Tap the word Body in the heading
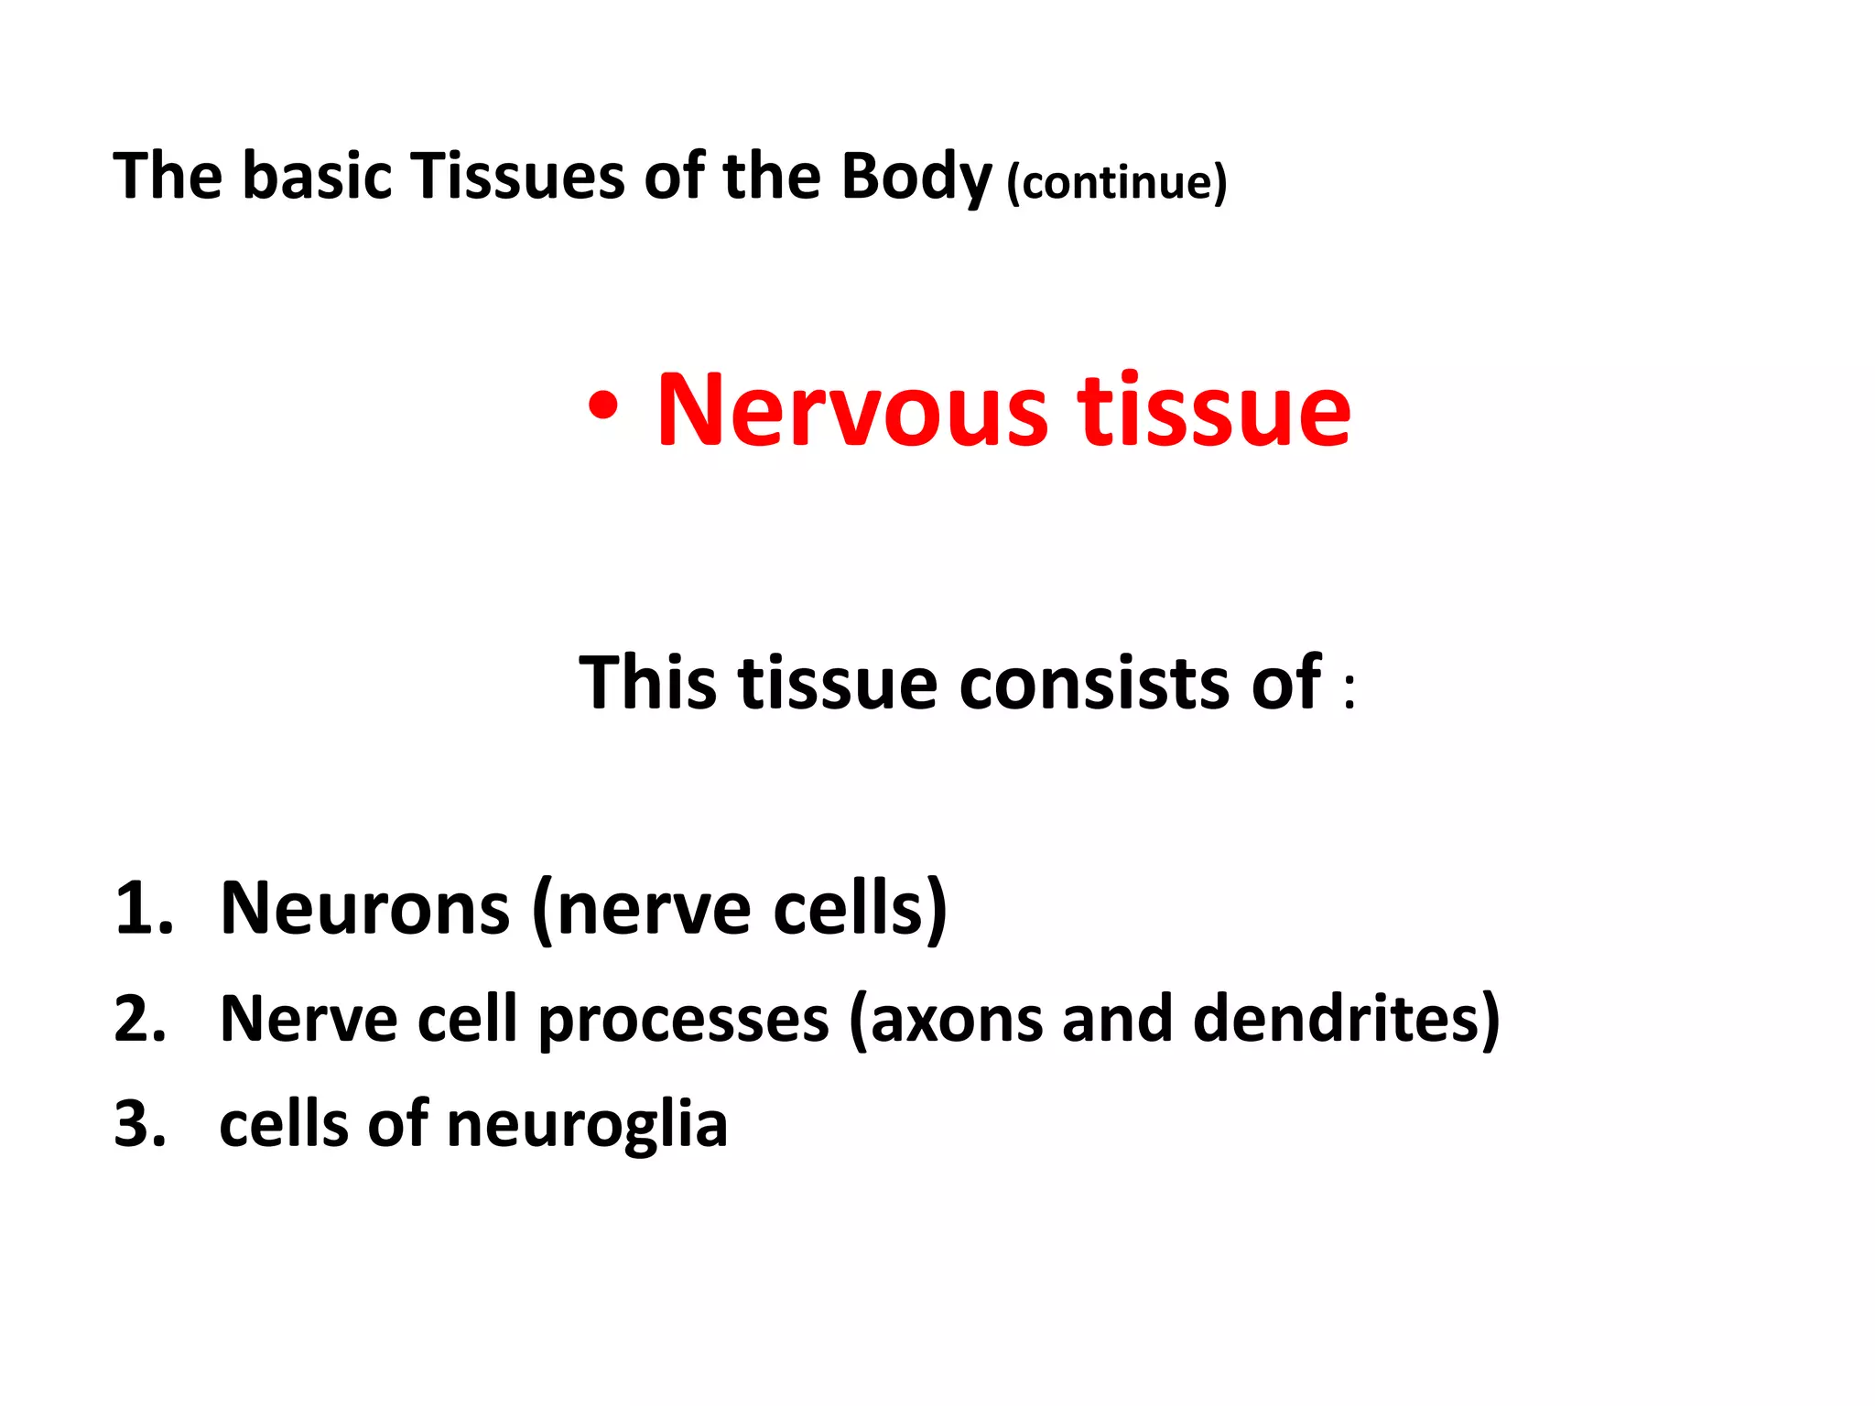point(916,178)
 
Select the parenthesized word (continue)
point(1117,182)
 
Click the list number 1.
point(144,908)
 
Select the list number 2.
point(141,1018)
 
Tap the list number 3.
point(141,1124)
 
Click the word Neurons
point(365,908)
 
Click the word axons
point(956,1020)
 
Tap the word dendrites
point(1336,1018)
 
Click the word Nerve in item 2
point(309,1018)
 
